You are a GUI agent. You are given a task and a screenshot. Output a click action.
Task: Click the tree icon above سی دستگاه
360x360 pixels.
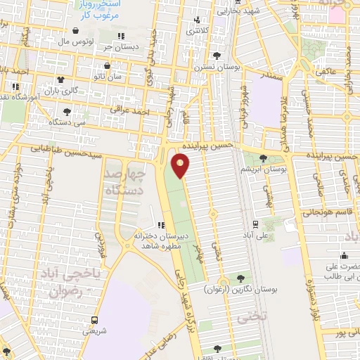point(67,111)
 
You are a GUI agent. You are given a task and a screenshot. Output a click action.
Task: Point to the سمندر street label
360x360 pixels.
point(270,73)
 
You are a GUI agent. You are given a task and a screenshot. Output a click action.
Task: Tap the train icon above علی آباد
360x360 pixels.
point(254,224)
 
